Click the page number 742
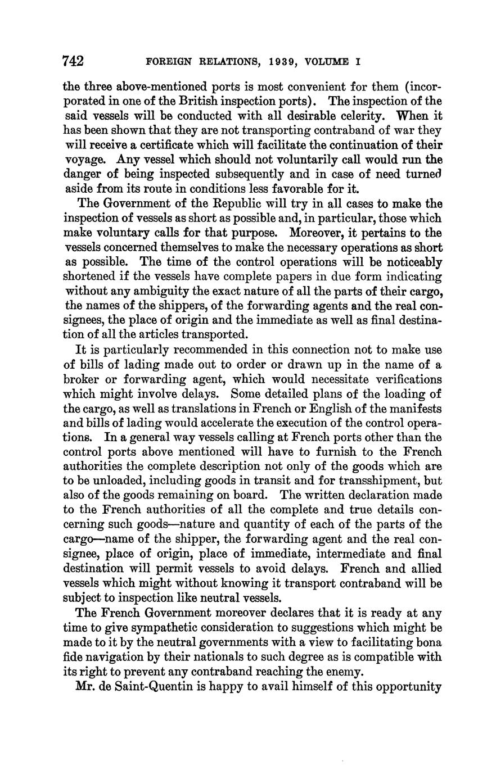click(x=73, y=60)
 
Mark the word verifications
click(x=397, y=379)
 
